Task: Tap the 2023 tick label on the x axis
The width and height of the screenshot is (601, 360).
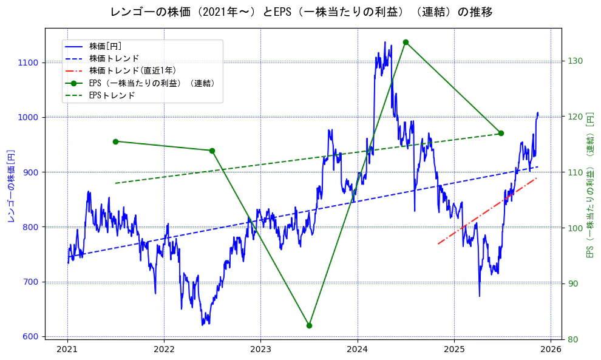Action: [x=260, y=350]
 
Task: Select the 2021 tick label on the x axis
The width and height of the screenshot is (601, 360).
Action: [x=67, y=350]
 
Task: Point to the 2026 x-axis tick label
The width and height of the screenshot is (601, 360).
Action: [x=550, y=350]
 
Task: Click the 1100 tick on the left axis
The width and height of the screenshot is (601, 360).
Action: [x=28, y=63]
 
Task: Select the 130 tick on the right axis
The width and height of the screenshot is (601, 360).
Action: [x=576, y=61]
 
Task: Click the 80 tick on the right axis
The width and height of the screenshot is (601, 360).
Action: [x=573, y=339]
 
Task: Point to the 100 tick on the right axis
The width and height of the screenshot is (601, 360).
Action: [x=576, y=228]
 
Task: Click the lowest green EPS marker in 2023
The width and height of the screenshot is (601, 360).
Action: [x=309, y=325]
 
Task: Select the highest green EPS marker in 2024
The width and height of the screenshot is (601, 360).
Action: [x=406, y=42]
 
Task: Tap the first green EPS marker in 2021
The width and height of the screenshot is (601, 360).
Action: [x=115, y=141]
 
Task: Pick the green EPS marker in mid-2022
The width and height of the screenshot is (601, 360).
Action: [x=212, y=151]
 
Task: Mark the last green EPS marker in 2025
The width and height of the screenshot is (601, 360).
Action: [x=501, y=133]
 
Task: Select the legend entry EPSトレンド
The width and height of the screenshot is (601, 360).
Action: [x=112, y=95]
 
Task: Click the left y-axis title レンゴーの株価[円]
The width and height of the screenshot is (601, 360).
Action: [x=11, y=185]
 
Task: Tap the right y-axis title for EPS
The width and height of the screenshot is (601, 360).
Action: [x=589, y=185]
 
